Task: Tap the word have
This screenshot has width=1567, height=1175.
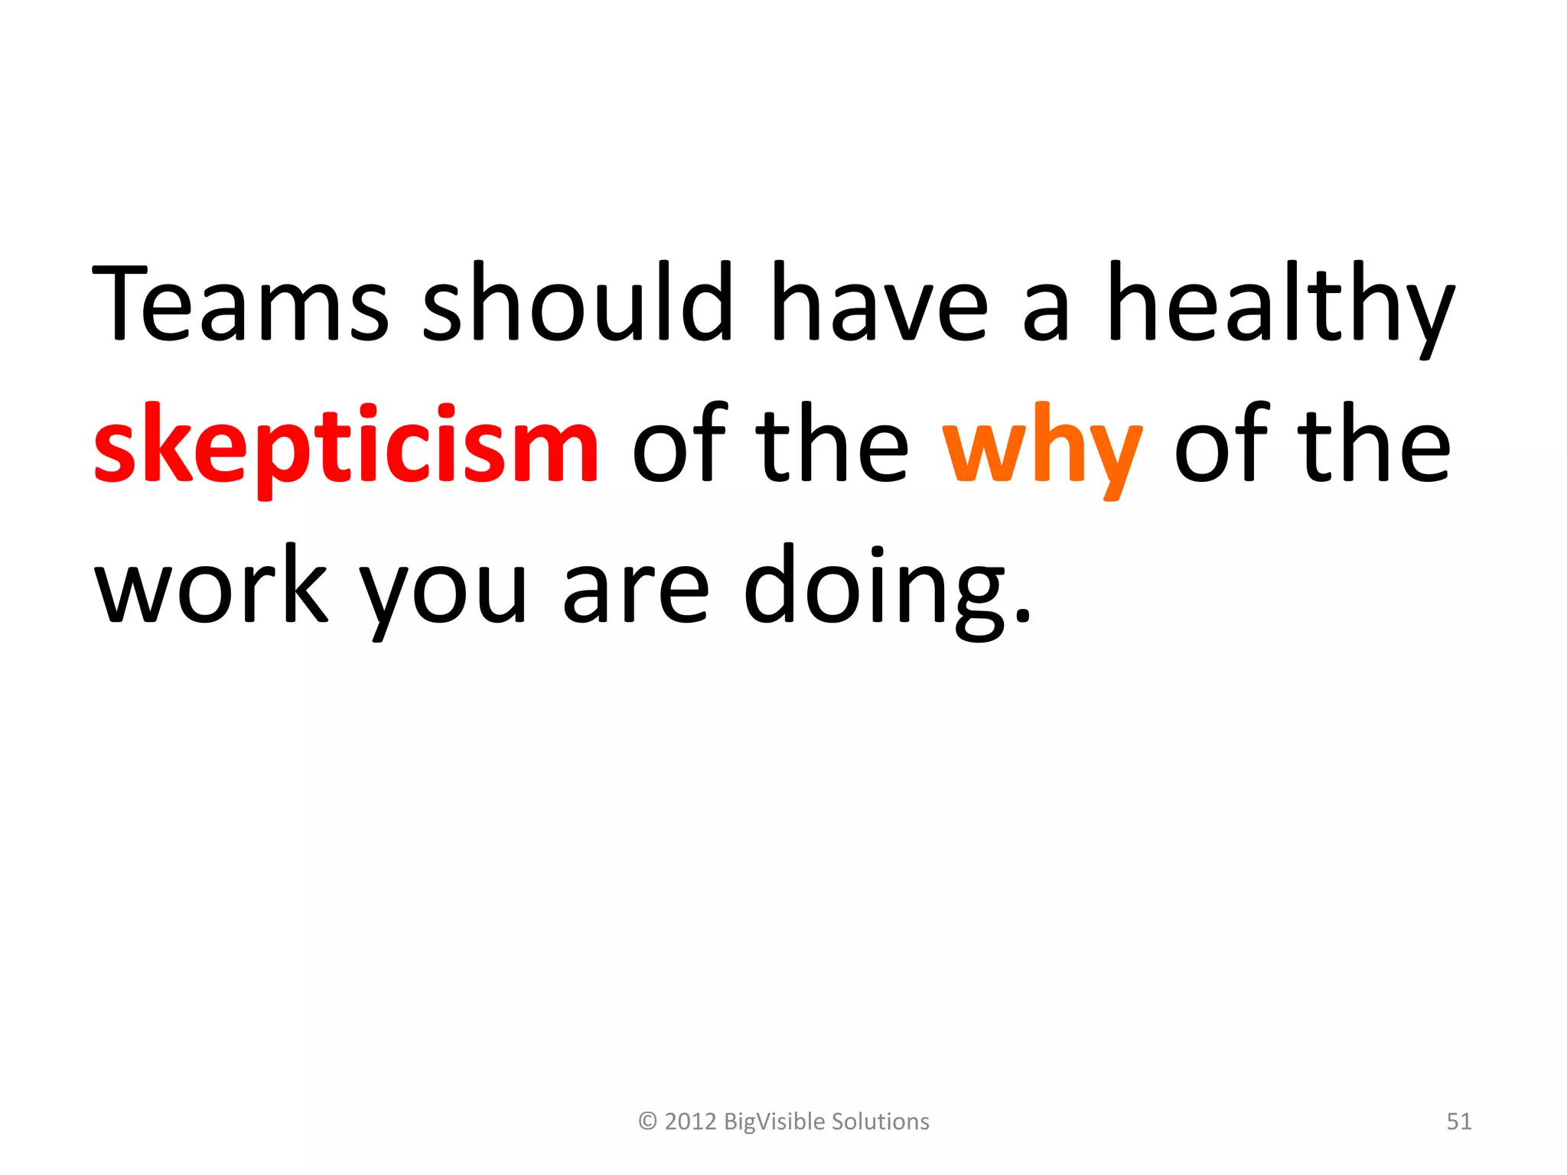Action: pos(880,302)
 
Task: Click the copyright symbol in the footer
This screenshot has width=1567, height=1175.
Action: pos(647,1121)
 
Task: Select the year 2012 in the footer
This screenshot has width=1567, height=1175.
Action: pos(690,1121)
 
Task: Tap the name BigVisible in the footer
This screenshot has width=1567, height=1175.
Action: pos(774,1121)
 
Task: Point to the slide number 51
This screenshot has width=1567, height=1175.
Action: pos(1458,1121)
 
